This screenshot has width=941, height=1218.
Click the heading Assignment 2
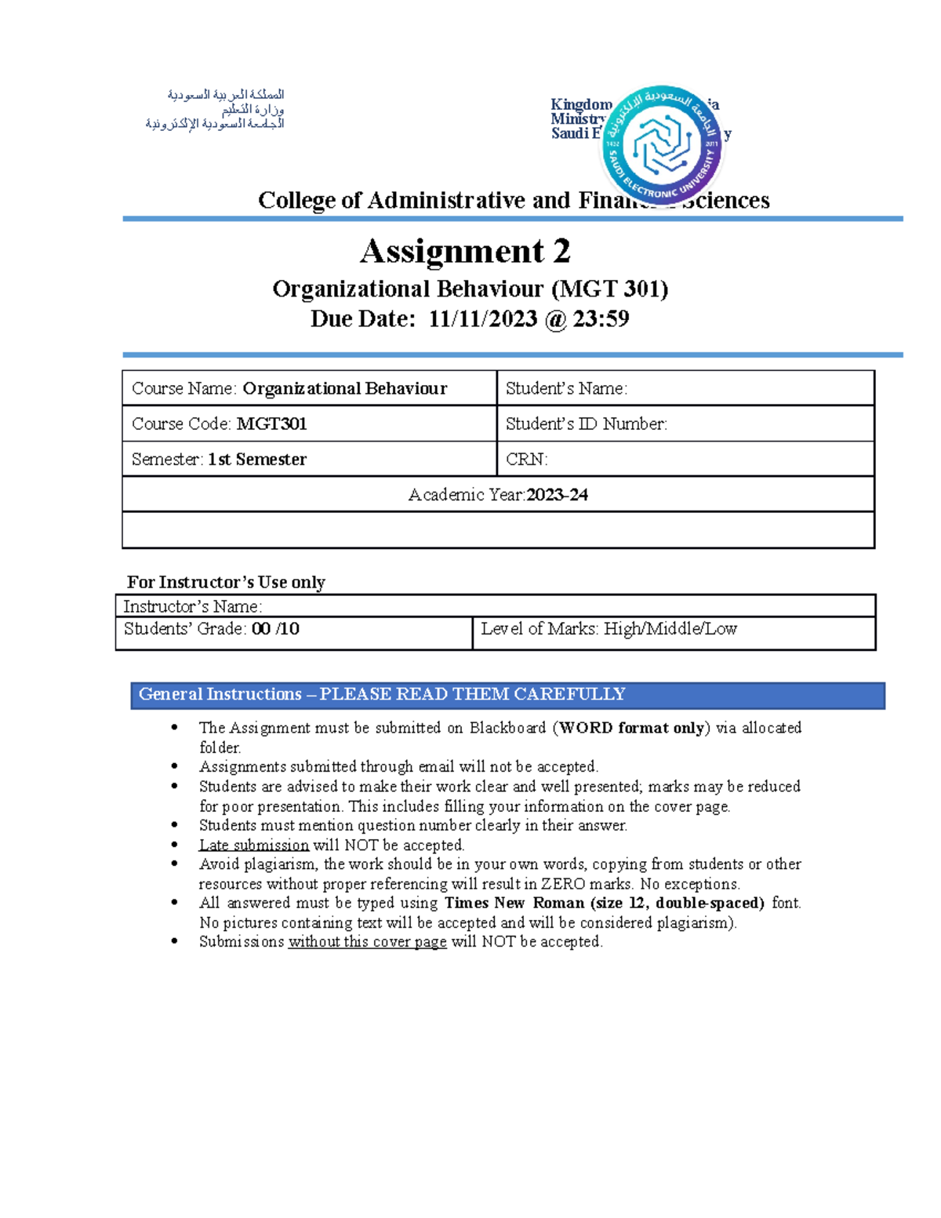pyautogui.click(x=465, y=252)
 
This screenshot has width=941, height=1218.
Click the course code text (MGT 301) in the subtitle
pyautogui.click(x=609, y=289)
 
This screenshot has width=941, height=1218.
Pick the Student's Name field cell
pyautogui.click(x=685, y=388)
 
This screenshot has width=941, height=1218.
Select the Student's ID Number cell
pyautogui.click(x=685, y=424)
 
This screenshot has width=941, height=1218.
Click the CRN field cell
pyautogui.click(x=685, y=460)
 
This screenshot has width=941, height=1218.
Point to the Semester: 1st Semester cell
pyautogui.click(x=309, y=460)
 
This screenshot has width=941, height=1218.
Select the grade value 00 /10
pyautogui.click(x=275, y=629)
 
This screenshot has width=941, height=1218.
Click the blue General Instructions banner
pyautogui.click(x=507, y=695)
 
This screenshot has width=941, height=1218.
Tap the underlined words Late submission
pyautogui.click(x=254, y=845)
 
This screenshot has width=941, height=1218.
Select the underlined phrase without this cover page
pyautogui.click(x=367, y=942)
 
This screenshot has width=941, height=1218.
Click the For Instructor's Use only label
pyautogui.click(x=226, y=582)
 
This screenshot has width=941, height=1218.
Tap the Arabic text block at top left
pyautogui.click(x=216, y=109)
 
